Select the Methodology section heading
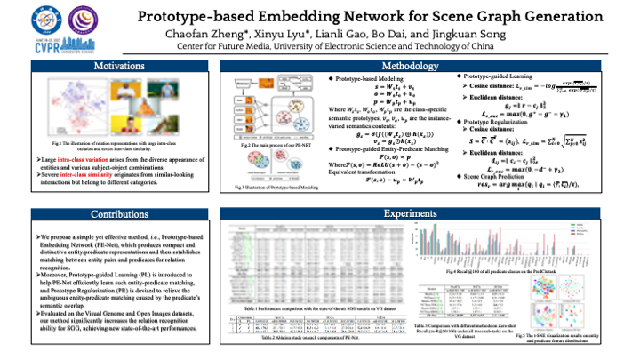pyautogui.click(x=408, y=66)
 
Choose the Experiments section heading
pyautogui.click(x=408, y=214)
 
